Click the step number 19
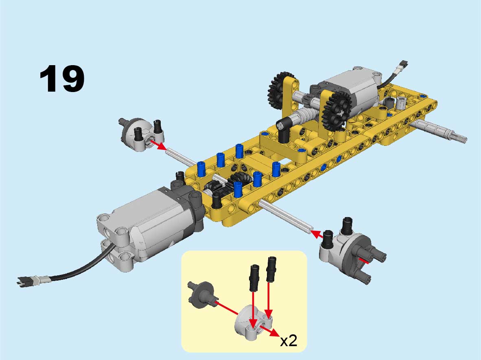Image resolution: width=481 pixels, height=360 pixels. (62, 79)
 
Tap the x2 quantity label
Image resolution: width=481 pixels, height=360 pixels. (289, 340)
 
